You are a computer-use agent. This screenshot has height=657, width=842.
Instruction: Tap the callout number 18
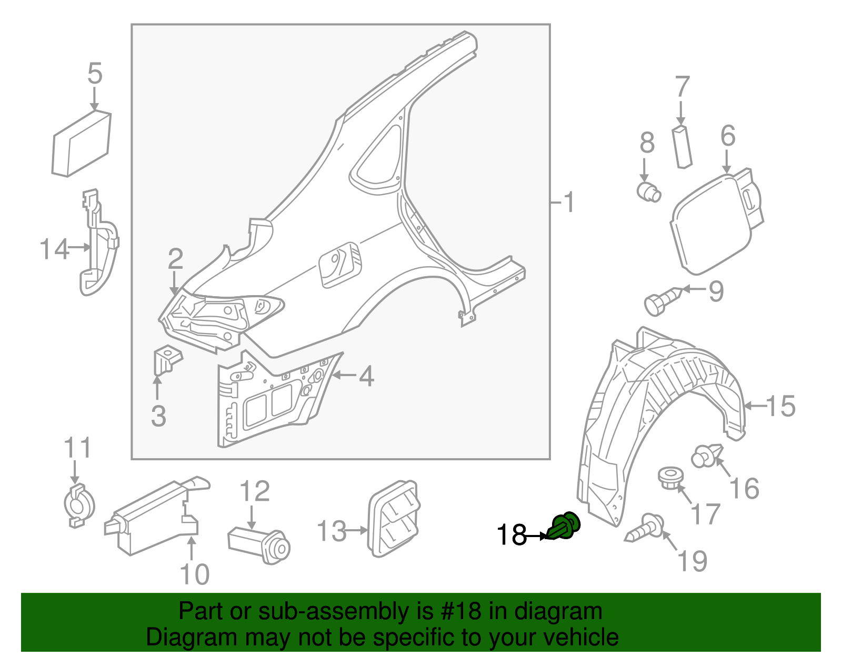point(512,535)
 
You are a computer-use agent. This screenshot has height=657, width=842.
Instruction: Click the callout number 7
point(682,87)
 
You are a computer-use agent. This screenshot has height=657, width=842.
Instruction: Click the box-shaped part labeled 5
point(82,143)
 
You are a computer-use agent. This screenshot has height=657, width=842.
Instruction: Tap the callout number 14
point(54,248)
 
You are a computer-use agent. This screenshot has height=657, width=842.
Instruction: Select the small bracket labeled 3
point(166,359)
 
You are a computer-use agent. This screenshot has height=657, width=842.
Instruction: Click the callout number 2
point(175,258)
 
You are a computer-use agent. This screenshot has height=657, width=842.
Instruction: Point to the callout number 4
point(366,376)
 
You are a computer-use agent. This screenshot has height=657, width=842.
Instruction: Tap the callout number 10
point(194,574)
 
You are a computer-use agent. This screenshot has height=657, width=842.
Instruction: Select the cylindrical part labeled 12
point(259,544)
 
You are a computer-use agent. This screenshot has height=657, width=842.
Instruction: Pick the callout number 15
point(780,406)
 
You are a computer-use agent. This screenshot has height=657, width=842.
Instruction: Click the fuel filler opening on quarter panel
point(340,265)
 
